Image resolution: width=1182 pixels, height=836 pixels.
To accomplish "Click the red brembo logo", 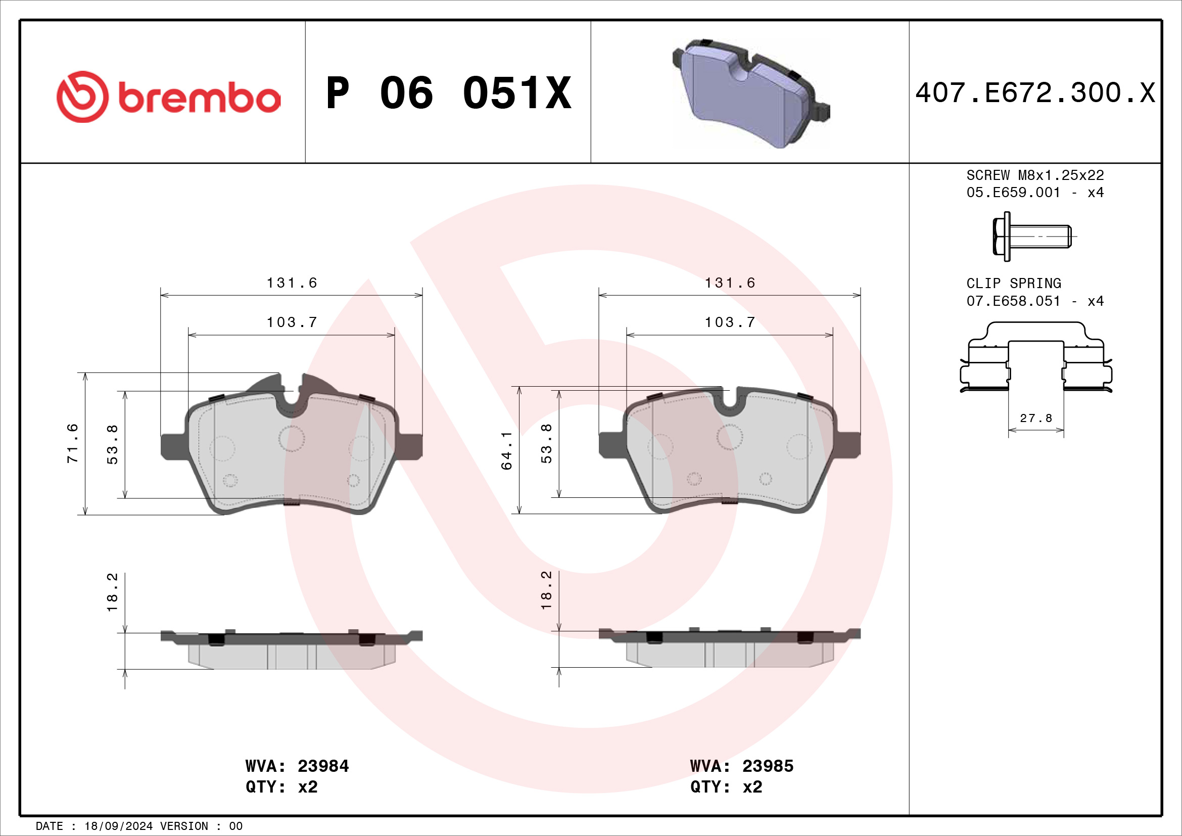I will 168,97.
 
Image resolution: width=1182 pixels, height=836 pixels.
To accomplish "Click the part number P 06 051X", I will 448,93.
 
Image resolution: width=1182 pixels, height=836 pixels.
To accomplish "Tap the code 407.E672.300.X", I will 1035,93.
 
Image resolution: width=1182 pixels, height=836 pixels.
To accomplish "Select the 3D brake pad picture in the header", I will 750,92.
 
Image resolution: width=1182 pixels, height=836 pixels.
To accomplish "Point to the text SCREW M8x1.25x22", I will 1035,175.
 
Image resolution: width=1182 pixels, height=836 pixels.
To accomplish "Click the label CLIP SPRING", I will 1013,283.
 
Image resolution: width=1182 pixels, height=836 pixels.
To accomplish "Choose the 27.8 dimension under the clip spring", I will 1036,418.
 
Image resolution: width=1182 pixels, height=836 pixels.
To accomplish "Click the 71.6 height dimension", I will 72,443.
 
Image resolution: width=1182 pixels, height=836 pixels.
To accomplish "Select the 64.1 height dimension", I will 506,450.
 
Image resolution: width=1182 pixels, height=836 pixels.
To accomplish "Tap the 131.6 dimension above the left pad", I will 292,283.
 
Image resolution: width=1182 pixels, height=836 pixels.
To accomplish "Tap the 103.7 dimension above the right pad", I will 730,322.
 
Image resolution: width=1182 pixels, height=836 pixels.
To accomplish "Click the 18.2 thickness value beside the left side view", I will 112,592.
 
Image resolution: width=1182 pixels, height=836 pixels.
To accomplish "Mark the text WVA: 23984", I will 297,766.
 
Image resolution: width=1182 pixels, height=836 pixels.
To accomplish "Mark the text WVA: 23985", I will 741,766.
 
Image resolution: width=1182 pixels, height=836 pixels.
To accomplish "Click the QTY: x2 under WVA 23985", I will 726,787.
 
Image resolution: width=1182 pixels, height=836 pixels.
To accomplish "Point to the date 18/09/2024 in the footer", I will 118,826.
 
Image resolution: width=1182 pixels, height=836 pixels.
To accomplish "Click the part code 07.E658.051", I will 1013,301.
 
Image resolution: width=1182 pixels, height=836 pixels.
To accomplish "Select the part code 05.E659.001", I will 1013,193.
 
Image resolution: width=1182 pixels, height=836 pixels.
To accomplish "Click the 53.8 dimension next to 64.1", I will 546,443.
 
